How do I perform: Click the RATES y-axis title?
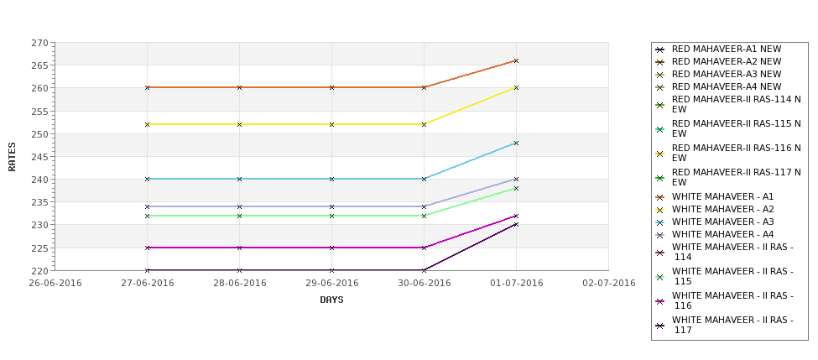(x=12, y=156)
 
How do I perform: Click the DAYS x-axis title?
(x=331, y=300)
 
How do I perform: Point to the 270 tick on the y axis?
(x=39, y=43)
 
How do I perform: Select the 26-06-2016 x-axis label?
(x=55, y=283)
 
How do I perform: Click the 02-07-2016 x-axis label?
(x=608, y=283)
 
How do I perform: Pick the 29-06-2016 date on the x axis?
(x=331, y=283)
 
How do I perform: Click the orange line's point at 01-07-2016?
(x=516, y=60)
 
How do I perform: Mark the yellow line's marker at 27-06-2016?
(x=148, y=124)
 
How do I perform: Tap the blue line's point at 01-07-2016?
(x=516, y=143)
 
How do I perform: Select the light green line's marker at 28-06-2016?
(x=240, y=216)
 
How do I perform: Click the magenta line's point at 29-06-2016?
(x=331, y=248)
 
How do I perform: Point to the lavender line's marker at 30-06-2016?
(x=424, y=206)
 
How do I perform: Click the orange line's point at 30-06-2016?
(x=424, y=87)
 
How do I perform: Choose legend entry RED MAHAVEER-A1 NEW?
(x=726, y=50)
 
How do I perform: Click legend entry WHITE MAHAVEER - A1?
(x=722, y=196)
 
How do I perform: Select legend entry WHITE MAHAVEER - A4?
(x=722, y=234)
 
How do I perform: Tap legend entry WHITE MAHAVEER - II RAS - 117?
(x=732, y=325)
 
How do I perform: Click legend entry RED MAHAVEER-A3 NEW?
(x=726, y=75)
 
